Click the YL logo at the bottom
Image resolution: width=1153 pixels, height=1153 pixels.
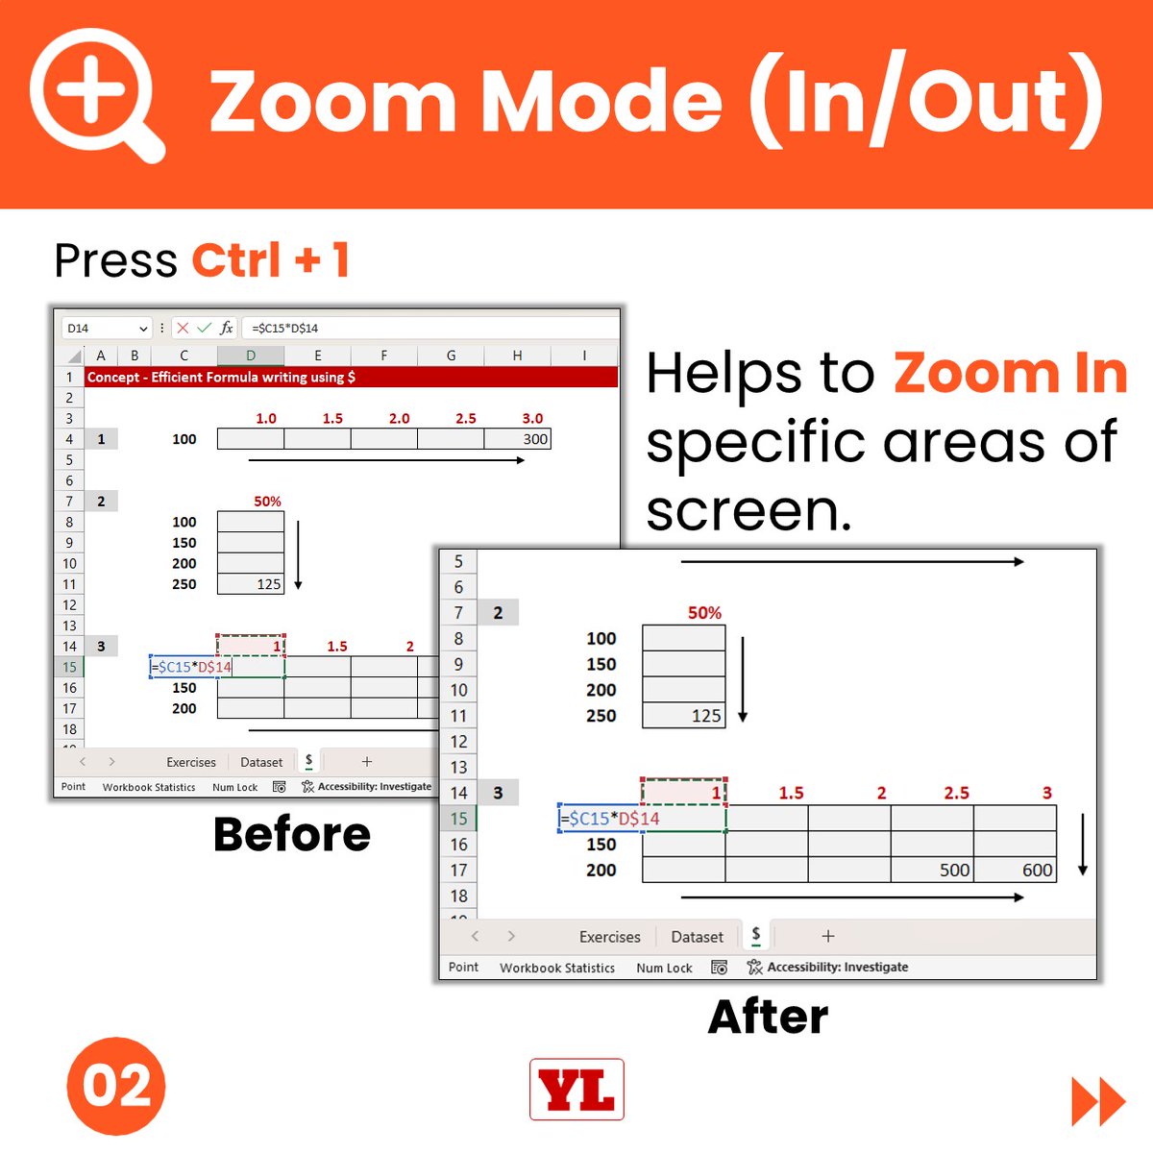(x=576, y=1089)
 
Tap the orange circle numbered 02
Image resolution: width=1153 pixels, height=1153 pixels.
(x=116, y=1086)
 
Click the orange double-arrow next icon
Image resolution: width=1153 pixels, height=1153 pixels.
(x=1098, y=1101)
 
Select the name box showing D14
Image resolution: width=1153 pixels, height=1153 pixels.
(x=106, y=328)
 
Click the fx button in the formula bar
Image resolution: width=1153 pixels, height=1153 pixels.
(x=226, y=328)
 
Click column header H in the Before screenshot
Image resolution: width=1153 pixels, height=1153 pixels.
(x=517, y=356)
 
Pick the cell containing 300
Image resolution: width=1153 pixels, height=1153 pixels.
(x=518, y=439)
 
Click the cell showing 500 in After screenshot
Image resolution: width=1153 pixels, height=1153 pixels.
(x=932, y=870)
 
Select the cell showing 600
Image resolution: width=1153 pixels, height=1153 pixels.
(x=1016, y=870)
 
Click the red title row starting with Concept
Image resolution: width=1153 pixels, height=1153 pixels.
(x=351, y=377)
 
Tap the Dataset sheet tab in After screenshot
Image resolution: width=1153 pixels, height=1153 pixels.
(x=697, y=937)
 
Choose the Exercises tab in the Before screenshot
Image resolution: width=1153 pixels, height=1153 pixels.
(x=191, y=762)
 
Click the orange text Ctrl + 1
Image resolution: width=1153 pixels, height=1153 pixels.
(x=271, y=260)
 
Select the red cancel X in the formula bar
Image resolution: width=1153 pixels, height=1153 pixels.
(x=183, y=328)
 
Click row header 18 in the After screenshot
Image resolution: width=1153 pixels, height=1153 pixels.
(x=459, y=895)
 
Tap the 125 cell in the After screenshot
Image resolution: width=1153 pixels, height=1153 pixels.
(x=684, y=716)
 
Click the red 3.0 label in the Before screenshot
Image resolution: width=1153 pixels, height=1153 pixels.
(x=532, y=418)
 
